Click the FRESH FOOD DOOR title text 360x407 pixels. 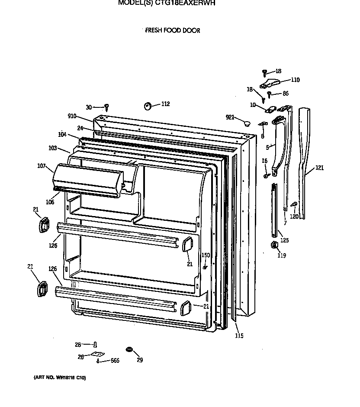[172, 31]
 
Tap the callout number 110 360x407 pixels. [295, 80]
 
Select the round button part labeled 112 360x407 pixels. [147, 106]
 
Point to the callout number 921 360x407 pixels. [230, 117]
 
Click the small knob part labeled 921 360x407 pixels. [247, 123]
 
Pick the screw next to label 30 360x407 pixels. [106, 107]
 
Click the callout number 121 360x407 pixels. [319, 168]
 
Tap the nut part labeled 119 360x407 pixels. [273, 246]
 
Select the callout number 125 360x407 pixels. [284, 240]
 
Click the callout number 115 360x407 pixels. [239, 336]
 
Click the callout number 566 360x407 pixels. [114, 361]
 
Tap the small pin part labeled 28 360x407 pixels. [94, 345]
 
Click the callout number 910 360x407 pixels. [72, 116]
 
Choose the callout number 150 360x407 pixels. [206, 255]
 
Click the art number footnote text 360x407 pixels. [60, 378]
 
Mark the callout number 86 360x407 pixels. [285, 93]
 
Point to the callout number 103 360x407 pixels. [53, 149]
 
